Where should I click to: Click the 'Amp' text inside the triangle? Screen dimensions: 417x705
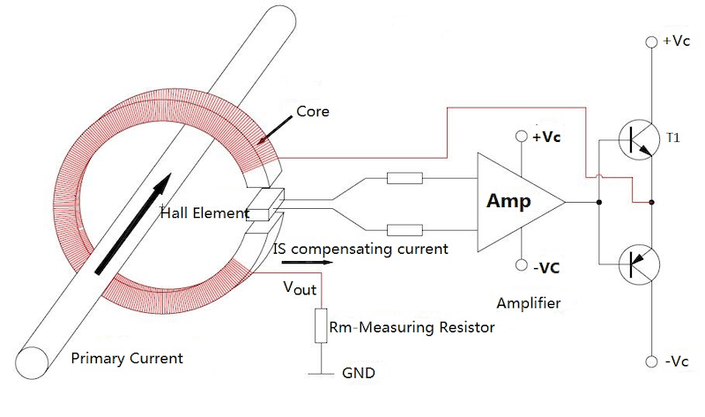(x=509, y=202)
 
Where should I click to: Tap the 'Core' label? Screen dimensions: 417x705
(x=312, y=112)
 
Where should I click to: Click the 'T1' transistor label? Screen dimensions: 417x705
(x=673, y=138)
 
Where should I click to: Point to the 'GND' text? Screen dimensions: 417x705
(x=358, y=373)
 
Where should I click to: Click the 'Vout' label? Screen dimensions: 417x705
(x=300, y=288)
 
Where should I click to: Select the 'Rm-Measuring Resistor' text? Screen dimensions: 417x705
(x=412, y=327)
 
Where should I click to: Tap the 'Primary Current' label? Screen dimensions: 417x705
(x=127, y=358)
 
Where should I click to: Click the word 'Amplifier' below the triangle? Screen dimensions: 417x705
(x=529, y=303)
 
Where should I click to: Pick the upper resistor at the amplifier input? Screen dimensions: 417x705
(x=404, y=179)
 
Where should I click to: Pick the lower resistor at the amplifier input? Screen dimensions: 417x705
(x=404, y=231)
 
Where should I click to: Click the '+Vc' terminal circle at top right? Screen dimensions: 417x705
(x=652, y=41)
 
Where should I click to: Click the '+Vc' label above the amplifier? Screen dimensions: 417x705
(x=544, y=138)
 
